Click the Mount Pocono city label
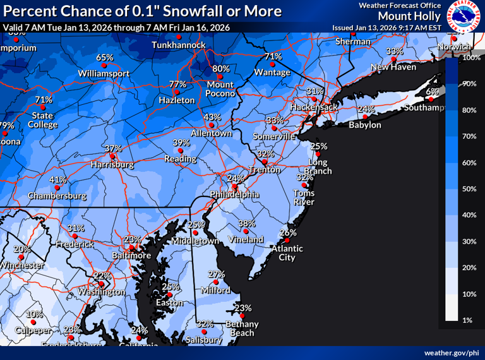pyautogui.click(x=220, y=88)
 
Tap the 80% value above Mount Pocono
pyautogui.click(x=221, y=68)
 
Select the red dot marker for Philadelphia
pyautogui.click(x=234, y=187)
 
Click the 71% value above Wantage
pyautogui.click(x=273, y=56)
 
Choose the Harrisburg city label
pyautogui.click(x=112, y=164)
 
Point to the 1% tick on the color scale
pyautogui.click(x=468, y=320)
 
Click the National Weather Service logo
pyautogui.click(x=465, y=16)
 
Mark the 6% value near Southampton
pyautogui.click(x=432, y=92)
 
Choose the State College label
pyautogui.click(x=43, y=120)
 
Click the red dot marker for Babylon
pyautogui.click(x=364, y=117)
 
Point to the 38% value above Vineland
pyautogui.click(x=247, y=223)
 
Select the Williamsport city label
pyautogui.click(x=104, y=73)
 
